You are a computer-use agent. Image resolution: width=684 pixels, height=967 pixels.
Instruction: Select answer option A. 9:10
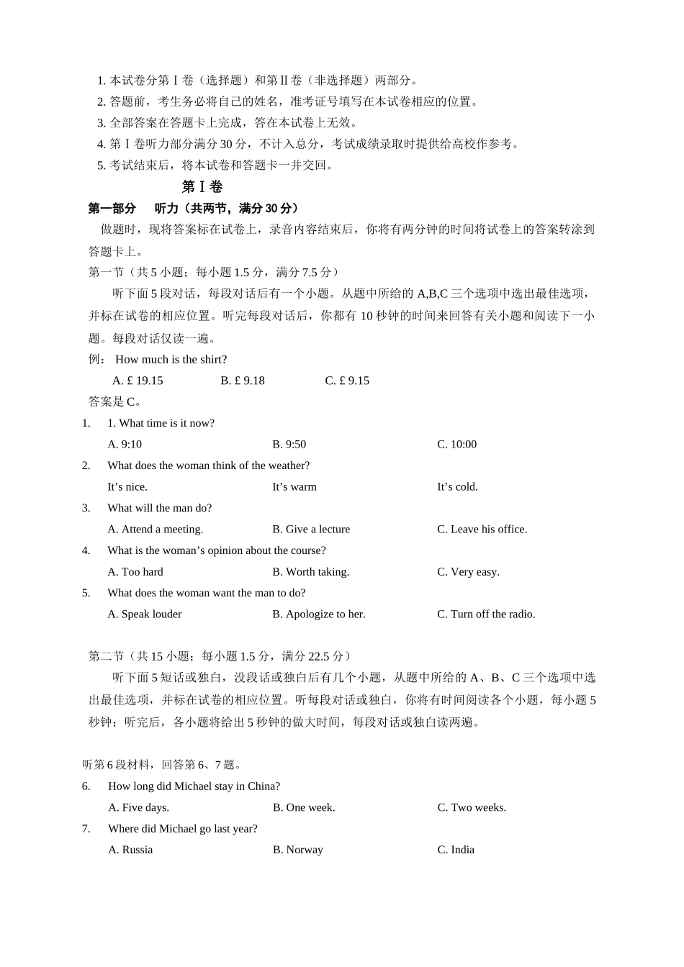tap(125, 445)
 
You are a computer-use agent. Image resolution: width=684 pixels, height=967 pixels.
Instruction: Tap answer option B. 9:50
tap(289, 445)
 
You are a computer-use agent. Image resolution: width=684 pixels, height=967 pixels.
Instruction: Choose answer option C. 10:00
tap(456, 445)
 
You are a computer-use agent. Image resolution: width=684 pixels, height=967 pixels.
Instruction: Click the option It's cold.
tap(457, 487)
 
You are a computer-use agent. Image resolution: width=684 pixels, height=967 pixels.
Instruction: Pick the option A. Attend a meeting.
tap(155, 530)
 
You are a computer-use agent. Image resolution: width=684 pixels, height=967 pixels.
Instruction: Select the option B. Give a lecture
tap(311, 530)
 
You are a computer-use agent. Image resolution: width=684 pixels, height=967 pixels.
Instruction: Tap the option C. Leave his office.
tap(482, 530)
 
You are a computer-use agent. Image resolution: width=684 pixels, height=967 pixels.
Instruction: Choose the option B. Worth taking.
tap(310, 572)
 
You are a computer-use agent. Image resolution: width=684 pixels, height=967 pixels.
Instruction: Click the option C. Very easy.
tap(468, 572)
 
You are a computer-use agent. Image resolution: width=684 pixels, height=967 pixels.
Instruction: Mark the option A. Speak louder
tap(144, 614)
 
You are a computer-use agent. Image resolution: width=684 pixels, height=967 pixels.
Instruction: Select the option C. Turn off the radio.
tap(486, 614)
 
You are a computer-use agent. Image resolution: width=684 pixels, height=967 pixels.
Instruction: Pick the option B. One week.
tap(304, 808)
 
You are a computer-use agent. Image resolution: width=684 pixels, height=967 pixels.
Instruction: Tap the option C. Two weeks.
tap(472, 808)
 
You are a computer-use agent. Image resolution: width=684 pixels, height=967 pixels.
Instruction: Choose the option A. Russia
tap(130, 850)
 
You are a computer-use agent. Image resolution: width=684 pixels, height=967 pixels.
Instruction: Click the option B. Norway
tap(298, 850)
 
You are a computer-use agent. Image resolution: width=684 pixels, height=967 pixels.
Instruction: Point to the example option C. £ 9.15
tap(347, 381)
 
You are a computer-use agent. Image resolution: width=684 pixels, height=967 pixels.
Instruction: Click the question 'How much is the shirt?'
tap(171, 360)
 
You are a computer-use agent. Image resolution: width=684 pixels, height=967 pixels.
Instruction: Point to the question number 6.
tap(86, 786)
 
